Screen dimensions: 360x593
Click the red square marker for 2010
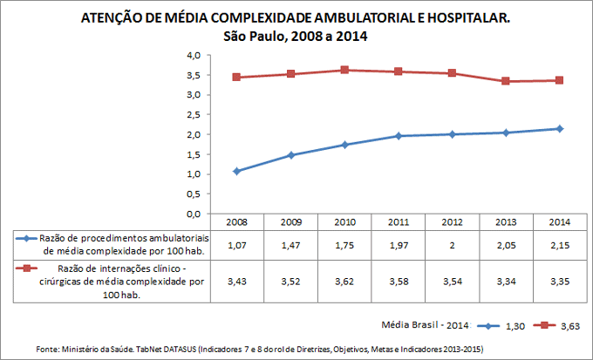click(x=345, y=70)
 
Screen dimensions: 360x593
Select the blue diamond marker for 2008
click(x=237, y=171)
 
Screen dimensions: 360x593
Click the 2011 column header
click(x=399, y=222)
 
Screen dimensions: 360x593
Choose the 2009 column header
click(x=290, y=222)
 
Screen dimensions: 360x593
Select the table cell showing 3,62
click(x=344, y=282)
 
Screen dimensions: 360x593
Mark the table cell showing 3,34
click(x=506, y=282)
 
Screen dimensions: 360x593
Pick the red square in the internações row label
click(x=27, y=270)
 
